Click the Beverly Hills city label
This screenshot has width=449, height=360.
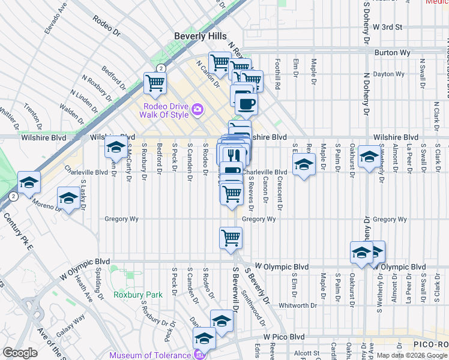[200, 36]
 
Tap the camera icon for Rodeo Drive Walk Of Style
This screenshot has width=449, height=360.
[197, 110]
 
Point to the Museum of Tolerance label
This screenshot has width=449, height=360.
[151, 355]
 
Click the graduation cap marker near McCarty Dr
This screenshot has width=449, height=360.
[115, 147]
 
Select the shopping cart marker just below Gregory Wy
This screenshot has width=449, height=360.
[231, 237]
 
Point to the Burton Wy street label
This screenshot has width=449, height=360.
[392, 53]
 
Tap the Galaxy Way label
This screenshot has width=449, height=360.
[71, 327]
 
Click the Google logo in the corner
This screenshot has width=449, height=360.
[20, 353]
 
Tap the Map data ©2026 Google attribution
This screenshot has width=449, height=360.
[411, 355]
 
